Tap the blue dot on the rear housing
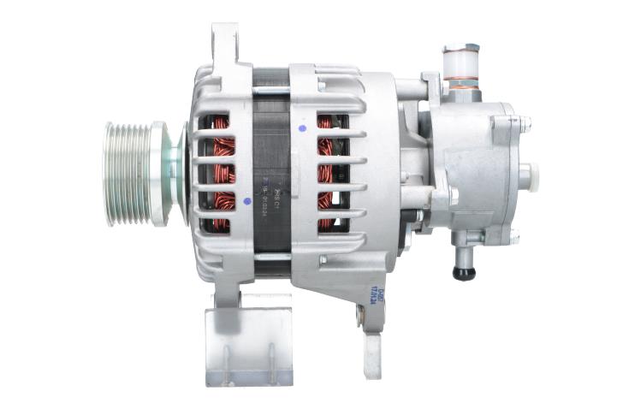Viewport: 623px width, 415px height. (x=302, y=129)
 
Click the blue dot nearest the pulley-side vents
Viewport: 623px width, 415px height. (x=247, y=202)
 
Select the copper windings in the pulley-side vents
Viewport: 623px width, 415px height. (x=223, y=175)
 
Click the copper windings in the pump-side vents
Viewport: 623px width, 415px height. (x=326, y=175)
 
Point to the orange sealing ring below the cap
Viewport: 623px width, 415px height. (x=461, y=84)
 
